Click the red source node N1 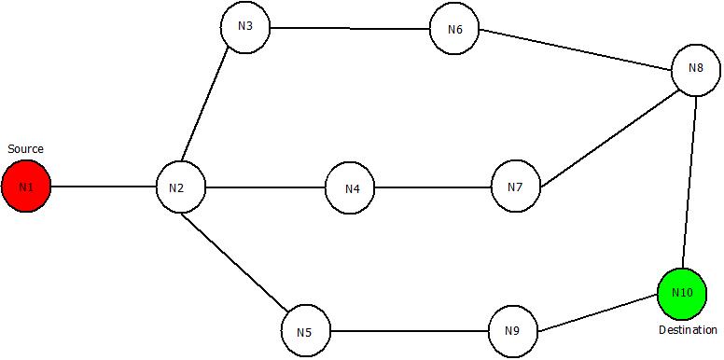pyautogui.click(x=25, y=187)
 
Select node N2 pyautogui.click(x=180, y=187)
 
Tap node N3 pyautogui.click(x=244, y=26)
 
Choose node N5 pyautogui.click(x=306, y=331)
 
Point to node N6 pyautogui.click(x=454, y=29)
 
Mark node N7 pyautogui.click(x=516, y=187)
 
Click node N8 pyautogui.click(x=695, y=70)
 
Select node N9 pyautogui.click(x=513, y=331)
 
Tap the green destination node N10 pyautogui.click(x=682, y=294)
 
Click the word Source pyautogui.click(x=25, y=149)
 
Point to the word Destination pyautogui.click(x=688, y=329)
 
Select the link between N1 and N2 pyautogui.click(x=103, y=187)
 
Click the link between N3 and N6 pyautogui.click(x=350, y=28)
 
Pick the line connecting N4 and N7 pyautogui.click(x=433, y=188)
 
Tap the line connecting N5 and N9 pyautogui.click(x=410, y=331)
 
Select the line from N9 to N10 pyautogui.click(x=597, y=314)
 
